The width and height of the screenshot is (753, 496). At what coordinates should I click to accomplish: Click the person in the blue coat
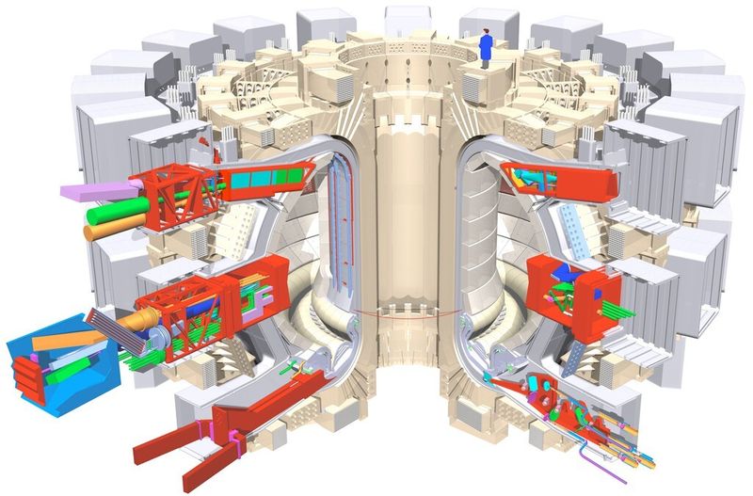(487, 49)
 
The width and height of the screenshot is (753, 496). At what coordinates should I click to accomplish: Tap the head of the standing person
(486, 32)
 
